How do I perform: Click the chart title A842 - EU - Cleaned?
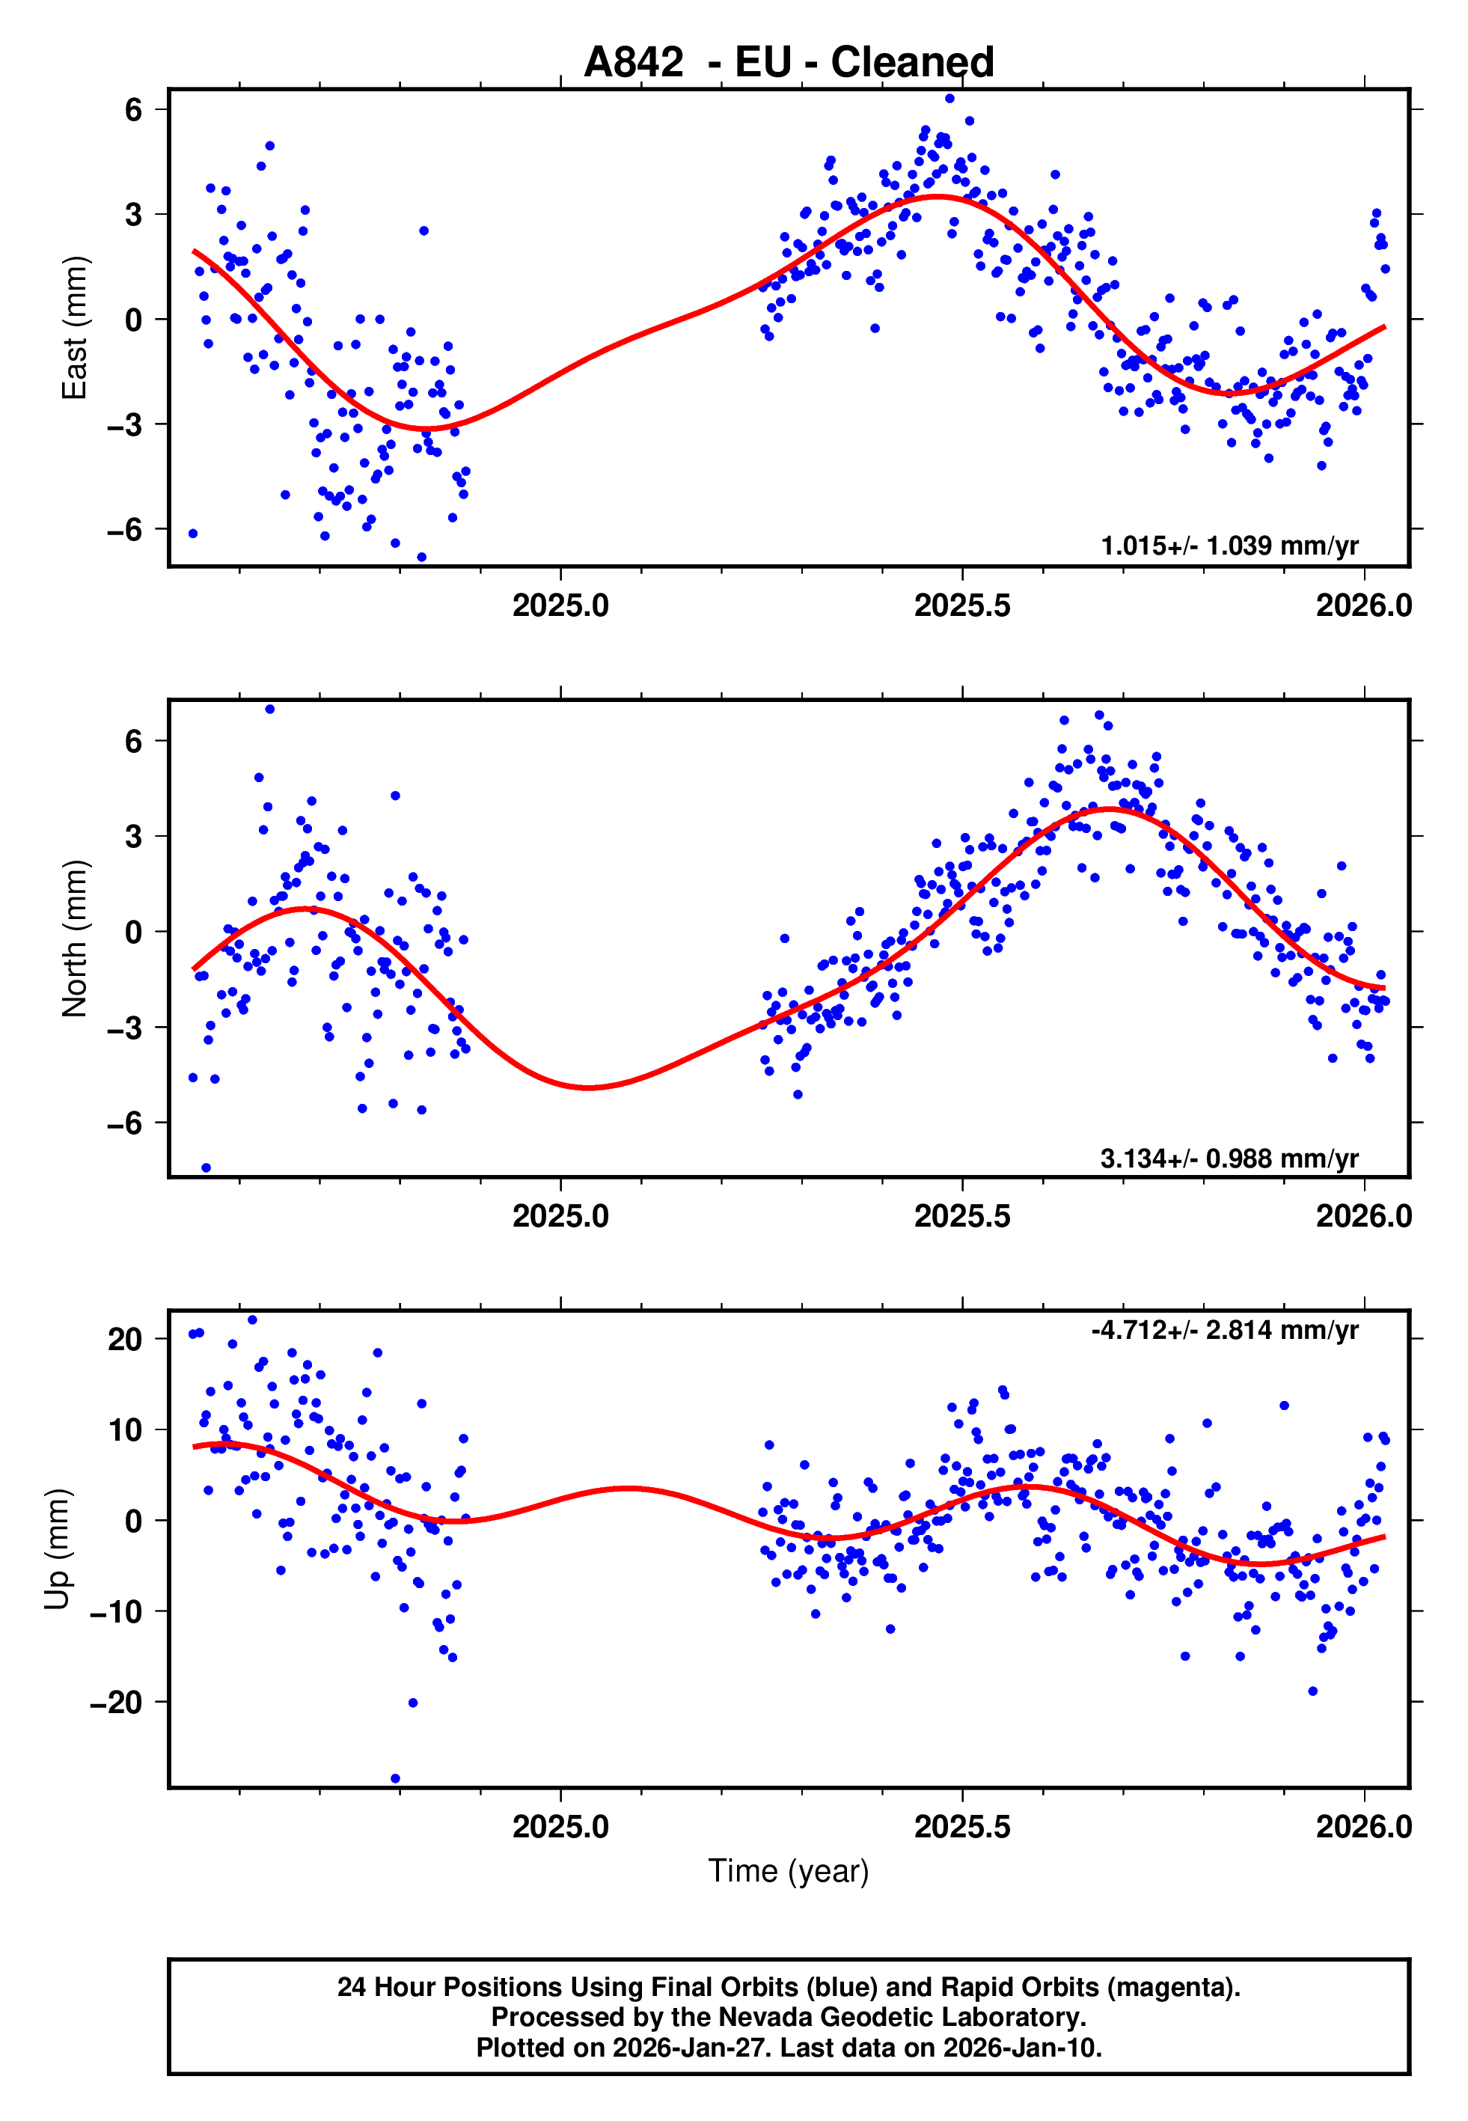tap(789, 63)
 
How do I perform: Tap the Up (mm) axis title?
tap(57, 1549)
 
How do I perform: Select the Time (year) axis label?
tap(789, 1871)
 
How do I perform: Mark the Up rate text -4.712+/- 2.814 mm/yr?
tap(1224, 1330)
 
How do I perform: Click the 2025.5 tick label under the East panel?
tap(961, 605)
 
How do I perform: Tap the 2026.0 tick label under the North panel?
tap(1363, 1216)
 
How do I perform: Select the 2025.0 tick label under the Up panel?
tap(560, 1826)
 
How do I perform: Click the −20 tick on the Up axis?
tap(116, 1703)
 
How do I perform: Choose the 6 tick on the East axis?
tap(133, 109)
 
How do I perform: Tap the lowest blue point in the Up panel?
tap(396, 1779)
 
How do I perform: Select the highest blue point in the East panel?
tap(949, 98)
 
